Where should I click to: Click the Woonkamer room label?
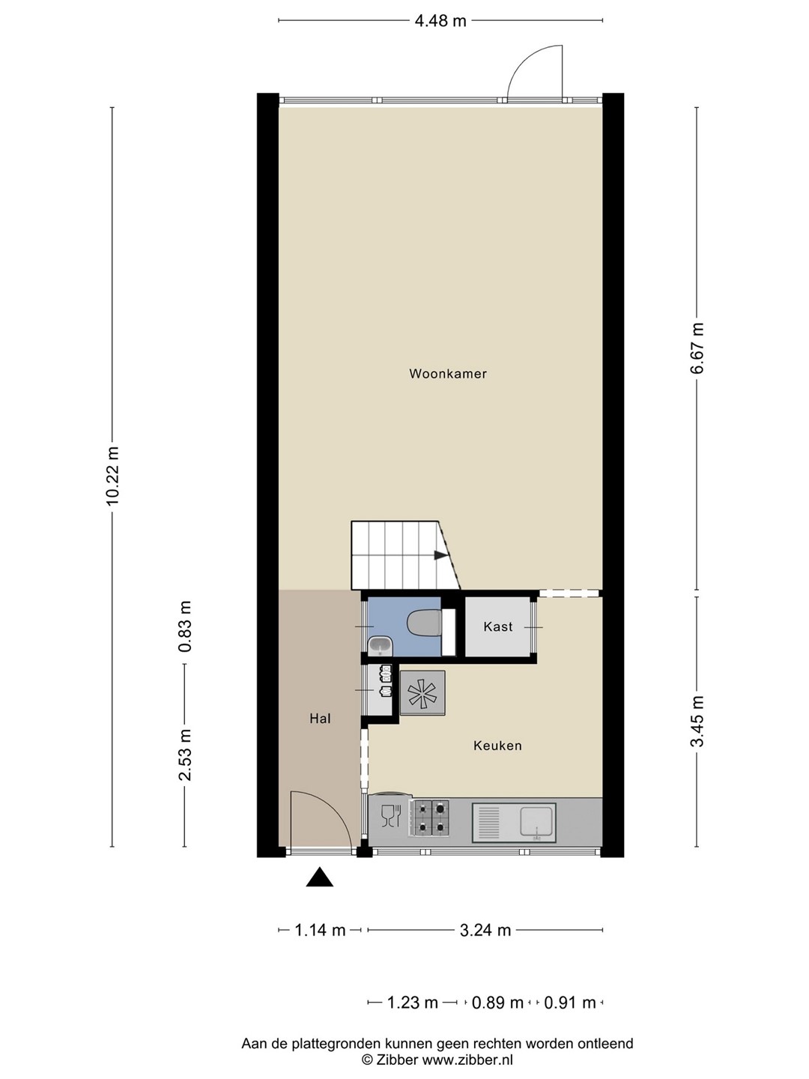tap(447, 374)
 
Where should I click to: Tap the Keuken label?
tap(497, 746)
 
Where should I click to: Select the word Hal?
tap(320, 719)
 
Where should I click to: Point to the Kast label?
tap(497, 626)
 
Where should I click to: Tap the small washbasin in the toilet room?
tap(380, 645)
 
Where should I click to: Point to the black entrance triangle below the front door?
tap(319, 877)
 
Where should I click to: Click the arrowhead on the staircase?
tap(440, 555)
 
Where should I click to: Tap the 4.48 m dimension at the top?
tap(440, 21)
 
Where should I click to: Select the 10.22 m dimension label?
tap(112, 476)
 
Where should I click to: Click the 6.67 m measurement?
tap(697, 348)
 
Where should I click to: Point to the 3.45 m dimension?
tap(697, 721)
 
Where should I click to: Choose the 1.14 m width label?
tap(320, 930)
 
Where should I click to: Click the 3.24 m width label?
tap(485, 930)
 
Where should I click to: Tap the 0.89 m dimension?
tap(497, 1003)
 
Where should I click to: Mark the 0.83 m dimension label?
tap(185, 626)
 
